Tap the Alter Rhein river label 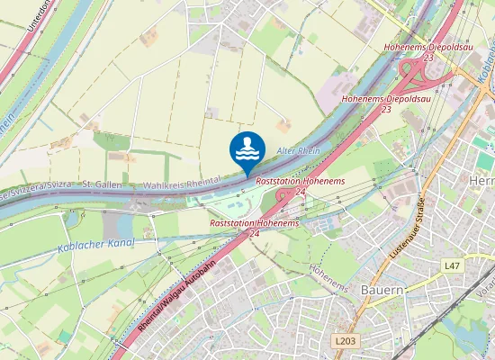(298, 149)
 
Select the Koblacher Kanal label (94, 243)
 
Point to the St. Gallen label (102, 184)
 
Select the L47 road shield (452, 266)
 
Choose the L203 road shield (343, 341)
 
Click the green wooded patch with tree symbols (112, 141)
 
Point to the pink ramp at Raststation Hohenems (284, 198)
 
